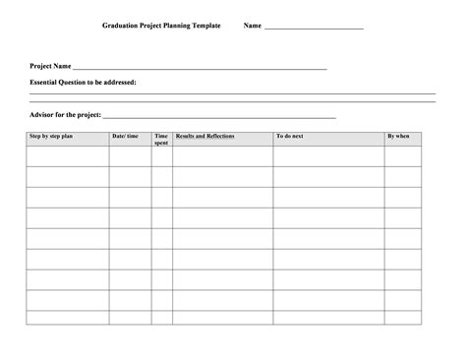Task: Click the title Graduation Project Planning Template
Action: (x=162, y=26)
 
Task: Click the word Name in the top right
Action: (x=253, y=26)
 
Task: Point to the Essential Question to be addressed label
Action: (x=83, y=83)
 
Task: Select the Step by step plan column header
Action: (x=52, y=136)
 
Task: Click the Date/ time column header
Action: (x=126, y=136)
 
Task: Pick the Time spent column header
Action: (x=161, y=139)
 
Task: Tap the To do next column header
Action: (x=290, y=136)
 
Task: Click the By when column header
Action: (x=398, y=136)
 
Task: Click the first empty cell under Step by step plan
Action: (x=67, y=155)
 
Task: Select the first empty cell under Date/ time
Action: (x=130, y=155)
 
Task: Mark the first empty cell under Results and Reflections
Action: (x=223, y=155)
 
